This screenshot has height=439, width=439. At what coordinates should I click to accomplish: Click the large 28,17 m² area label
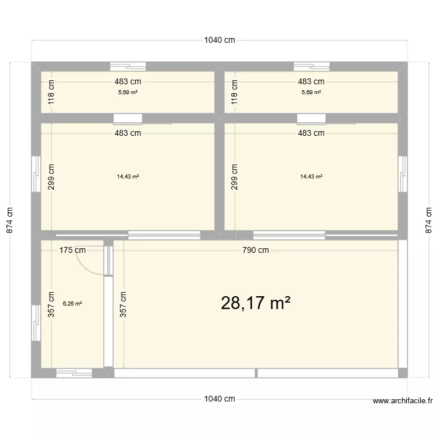coord(256,303)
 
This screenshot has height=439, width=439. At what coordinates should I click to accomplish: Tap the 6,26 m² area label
coord(72,303)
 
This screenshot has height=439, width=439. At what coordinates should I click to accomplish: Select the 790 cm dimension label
coord(256,251)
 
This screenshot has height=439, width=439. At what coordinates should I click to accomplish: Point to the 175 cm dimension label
coord(73,251)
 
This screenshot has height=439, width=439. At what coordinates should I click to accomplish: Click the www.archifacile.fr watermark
coord(402,401)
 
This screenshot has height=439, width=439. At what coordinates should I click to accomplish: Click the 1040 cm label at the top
coord(220,40)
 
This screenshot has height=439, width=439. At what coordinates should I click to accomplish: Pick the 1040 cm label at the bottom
coord(220,399)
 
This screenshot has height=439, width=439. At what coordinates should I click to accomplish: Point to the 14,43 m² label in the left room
coord(128,176)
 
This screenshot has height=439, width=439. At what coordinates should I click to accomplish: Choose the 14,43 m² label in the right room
coord(311,176)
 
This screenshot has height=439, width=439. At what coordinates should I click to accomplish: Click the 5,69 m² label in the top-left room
coord(128,92)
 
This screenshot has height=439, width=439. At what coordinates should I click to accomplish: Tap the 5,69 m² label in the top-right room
coord(311,92)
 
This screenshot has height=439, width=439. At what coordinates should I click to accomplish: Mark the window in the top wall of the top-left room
coord(128,66)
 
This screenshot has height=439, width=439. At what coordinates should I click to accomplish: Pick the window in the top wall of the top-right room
coord(311,66)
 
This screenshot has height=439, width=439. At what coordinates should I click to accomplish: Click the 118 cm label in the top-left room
coord(51,92)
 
